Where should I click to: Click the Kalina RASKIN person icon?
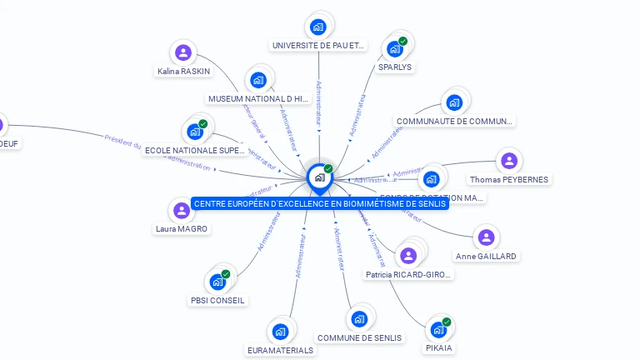point(183,52)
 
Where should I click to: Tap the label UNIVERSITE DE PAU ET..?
point(318,45)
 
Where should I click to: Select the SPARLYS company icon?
point(394,49)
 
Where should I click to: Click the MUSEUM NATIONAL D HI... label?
point(258,98)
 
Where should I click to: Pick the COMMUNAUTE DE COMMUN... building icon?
point(454,102)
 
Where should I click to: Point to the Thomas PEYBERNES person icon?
point(509,161)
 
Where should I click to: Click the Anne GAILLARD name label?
point(486,256)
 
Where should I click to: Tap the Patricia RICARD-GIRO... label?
point(408,274)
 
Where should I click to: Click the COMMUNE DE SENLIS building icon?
point(359,318)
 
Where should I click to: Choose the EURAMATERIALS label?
point(281,350)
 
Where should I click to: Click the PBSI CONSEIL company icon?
point(217,282)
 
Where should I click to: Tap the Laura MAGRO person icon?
point(182,210)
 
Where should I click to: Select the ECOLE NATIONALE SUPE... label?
point(195,150)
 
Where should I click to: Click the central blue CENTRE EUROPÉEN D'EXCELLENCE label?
point(320,203)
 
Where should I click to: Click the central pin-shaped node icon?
point(319,177)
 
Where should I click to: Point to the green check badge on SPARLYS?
point(403,41)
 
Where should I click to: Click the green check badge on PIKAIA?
point(447,322)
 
